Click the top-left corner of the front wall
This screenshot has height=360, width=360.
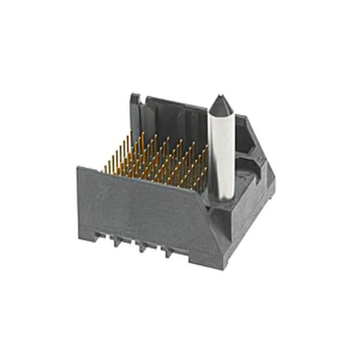coord(79,168)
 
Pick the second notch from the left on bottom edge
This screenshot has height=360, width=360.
coord(119,242)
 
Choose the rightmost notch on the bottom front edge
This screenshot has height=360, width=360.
coord(167,253)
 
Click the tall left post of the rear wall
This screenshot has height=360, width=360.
coord(135,112)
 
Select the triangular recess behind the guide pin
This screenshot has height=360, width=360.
coord(247,141)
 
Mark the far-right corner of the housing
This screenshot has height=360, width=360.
coord(274,183)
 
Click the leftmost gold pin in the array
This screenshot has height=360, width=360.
coord(105,168)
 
